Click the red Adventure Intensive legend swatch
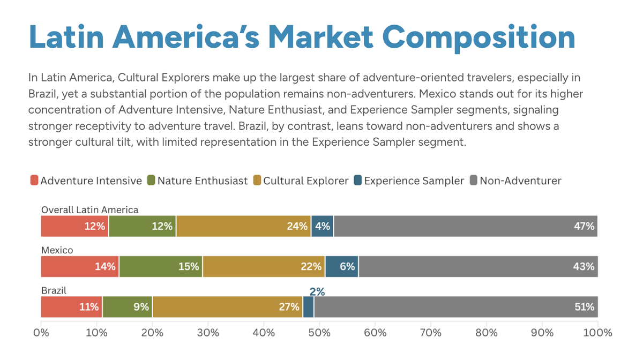point(34,181)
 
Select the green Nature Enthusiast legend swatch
point(152,181)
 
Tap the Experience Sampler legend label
point(414,181)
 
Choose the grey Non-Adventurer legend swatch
point(474,181)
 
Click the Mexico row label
point(57,250)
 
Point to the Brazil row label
point(54,290)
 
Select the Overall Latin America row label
point(89,210)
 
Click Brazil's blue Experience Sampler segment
point(309,307)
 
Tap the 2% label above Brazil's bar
point(317,291)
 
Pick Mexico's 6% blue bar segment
point(342,266)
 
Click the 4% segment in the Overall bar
point(322,226)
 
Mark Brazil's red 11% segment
point(72,307)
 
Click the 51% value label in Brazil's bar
point(584,307)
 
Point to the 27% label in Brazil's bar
point(289,307)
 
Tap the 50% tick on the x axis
point(319,333)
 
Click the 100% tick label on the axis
point(597,333)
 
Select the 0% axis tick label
point(41,333)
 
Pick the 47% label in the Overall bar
point(584,226)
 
